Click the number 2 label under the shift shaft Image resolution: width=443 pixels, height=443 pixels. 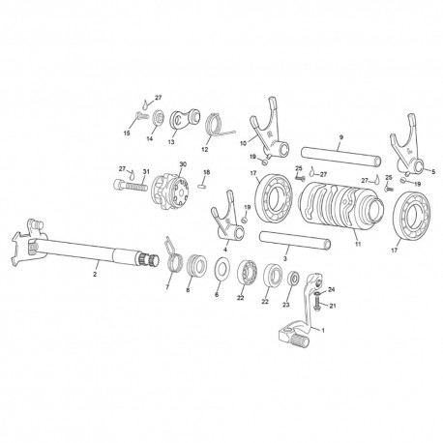click(95, 275)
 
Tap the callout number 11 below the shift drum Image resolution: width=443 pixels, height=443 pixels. click(358, 244)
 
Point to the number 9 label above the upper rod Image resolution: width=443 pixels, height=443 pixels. click(341, 137)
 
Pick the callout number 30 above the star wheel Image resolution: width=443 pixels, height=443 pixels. click(183, 164)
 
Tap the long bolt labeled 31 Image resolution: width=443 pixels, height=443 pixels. click(131, 186)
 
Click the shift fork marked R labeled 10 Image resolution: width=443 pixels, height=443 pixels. click(268, 129)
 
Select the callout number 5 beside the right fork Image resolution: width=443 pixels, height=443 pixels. click(433, 172)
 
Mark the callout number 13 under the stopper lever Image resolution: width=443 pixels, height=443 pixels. click(171, 142)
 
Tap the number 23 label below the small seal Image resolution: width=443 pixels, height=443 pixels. click(286, 305)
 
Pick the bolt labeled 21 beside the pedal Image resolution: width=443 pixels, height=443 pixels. click(316, 303)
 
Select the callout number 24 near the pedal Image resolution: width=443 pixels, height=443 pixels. click(331, 290)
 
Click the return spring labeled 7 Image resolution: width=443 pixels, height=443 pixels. click(173, 258)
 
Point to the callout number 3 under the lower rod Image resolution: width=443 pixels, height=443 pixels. click(284, 258)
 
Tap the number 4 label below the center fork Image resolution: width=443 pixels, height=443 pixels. click(225, 250)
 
